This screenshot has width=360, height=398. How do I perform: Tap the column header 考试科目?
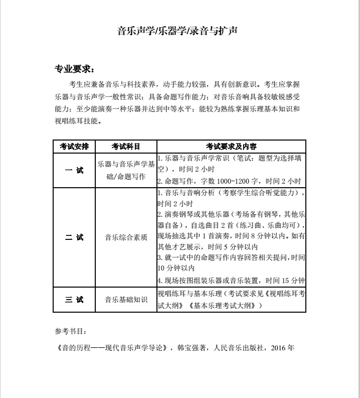[126, 146]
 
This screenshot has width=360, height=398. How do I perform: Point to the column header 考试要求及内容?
[231, 146]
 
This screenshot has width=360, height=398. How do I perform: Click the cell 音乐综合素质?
[126, 237]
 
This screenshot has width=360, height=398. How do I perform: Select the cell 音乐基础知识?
[126, 300]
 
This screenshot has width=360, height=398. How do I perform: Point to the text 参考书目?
[71, 331]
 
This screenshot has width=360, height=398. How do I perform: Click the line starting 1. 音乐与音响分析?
[231, 193]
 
